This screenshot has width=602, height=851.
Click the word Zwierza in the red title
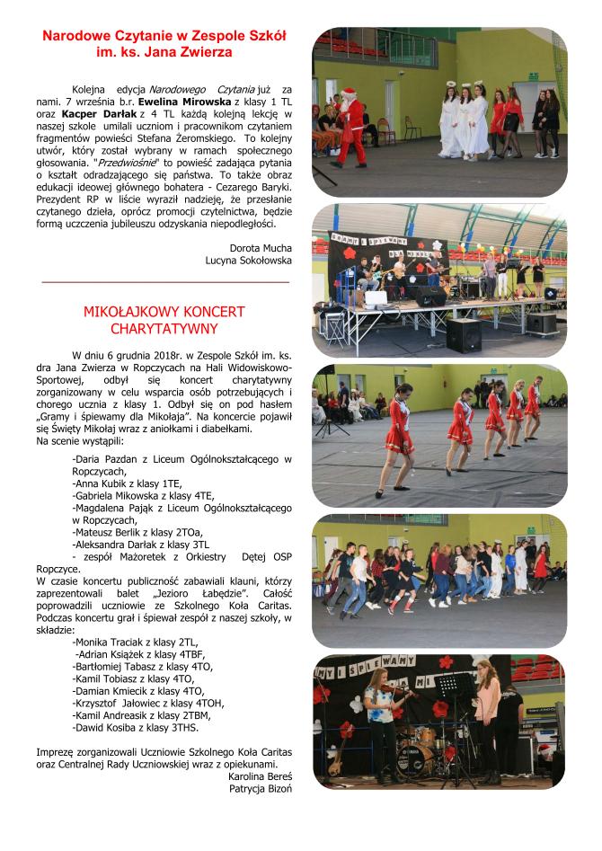coord(206,53)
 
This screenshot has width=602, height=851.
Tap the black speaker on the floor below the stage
coord(464,335)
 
